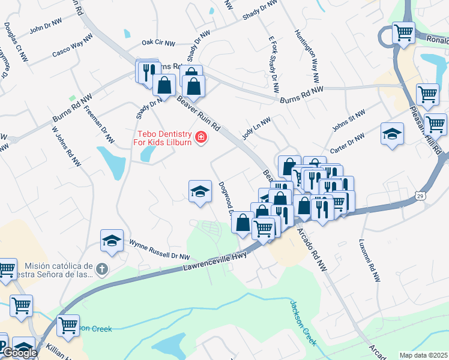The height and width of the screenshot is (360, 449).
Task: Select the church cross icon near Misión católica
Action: coord(102,269)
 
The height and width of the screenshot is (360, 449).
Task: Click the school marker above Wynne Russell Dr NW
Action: coord(112,241)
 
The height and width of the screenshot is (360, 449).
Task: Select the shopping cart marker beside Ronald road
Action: coord(403,32)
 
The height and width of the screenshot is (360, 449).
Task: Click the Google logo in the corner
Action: coord(19,353)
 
